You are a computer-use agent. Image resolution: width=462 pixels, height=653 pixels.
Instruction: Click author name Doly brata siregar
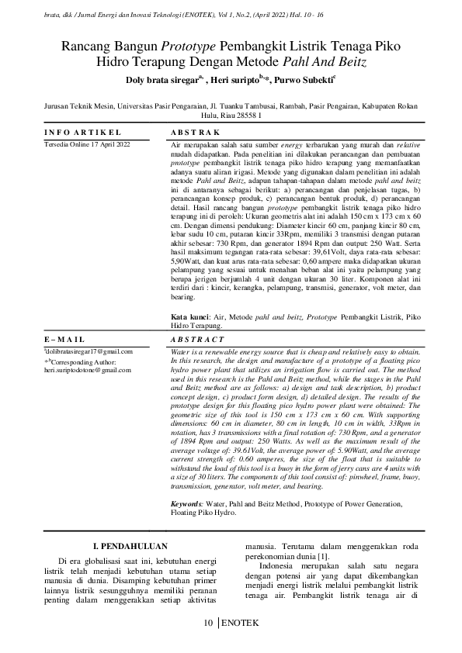tap(161, 78)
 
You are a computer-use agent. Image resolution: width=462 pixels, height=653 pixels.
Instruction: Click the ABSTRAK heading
tap(192, 132)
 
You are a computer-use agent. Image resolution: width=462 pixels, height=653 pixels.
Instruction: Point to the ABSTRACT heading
tap(194, 340)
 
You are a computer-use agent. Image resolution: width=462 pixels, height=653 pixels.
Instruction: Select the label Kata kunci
tap(189, 317)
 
